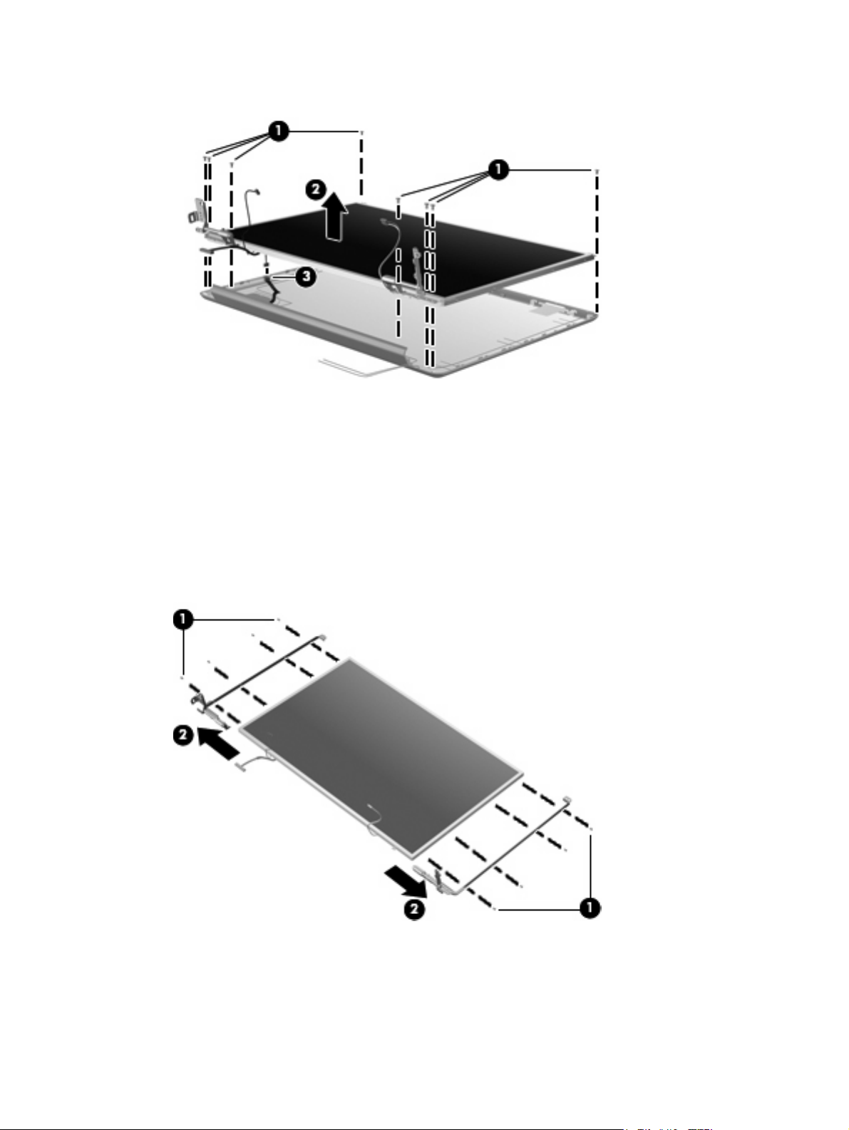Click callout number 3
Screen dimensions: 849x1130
[x=306, y=277]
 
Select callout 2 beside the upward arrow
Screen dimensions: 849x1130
[x=315, y=190]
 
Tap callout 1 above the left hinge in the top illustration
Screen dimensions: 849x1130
[x=279, y=131]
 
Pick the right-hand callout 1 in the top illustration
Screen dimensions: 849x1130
[x=498, y=170]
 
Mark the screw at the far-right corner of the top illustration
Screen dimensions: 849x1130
[x=596, y=171]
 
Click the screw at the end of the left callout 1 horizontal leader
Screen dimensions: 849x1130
[x=361, y=133]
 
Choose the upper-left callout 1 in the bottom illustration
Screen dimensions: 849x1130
[x=182, y=620]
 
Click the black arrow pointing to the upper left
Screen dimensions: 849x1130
[x=218, y=744]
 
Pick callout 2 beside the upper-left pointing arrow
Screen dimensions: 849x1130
[x=182, y=735]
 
